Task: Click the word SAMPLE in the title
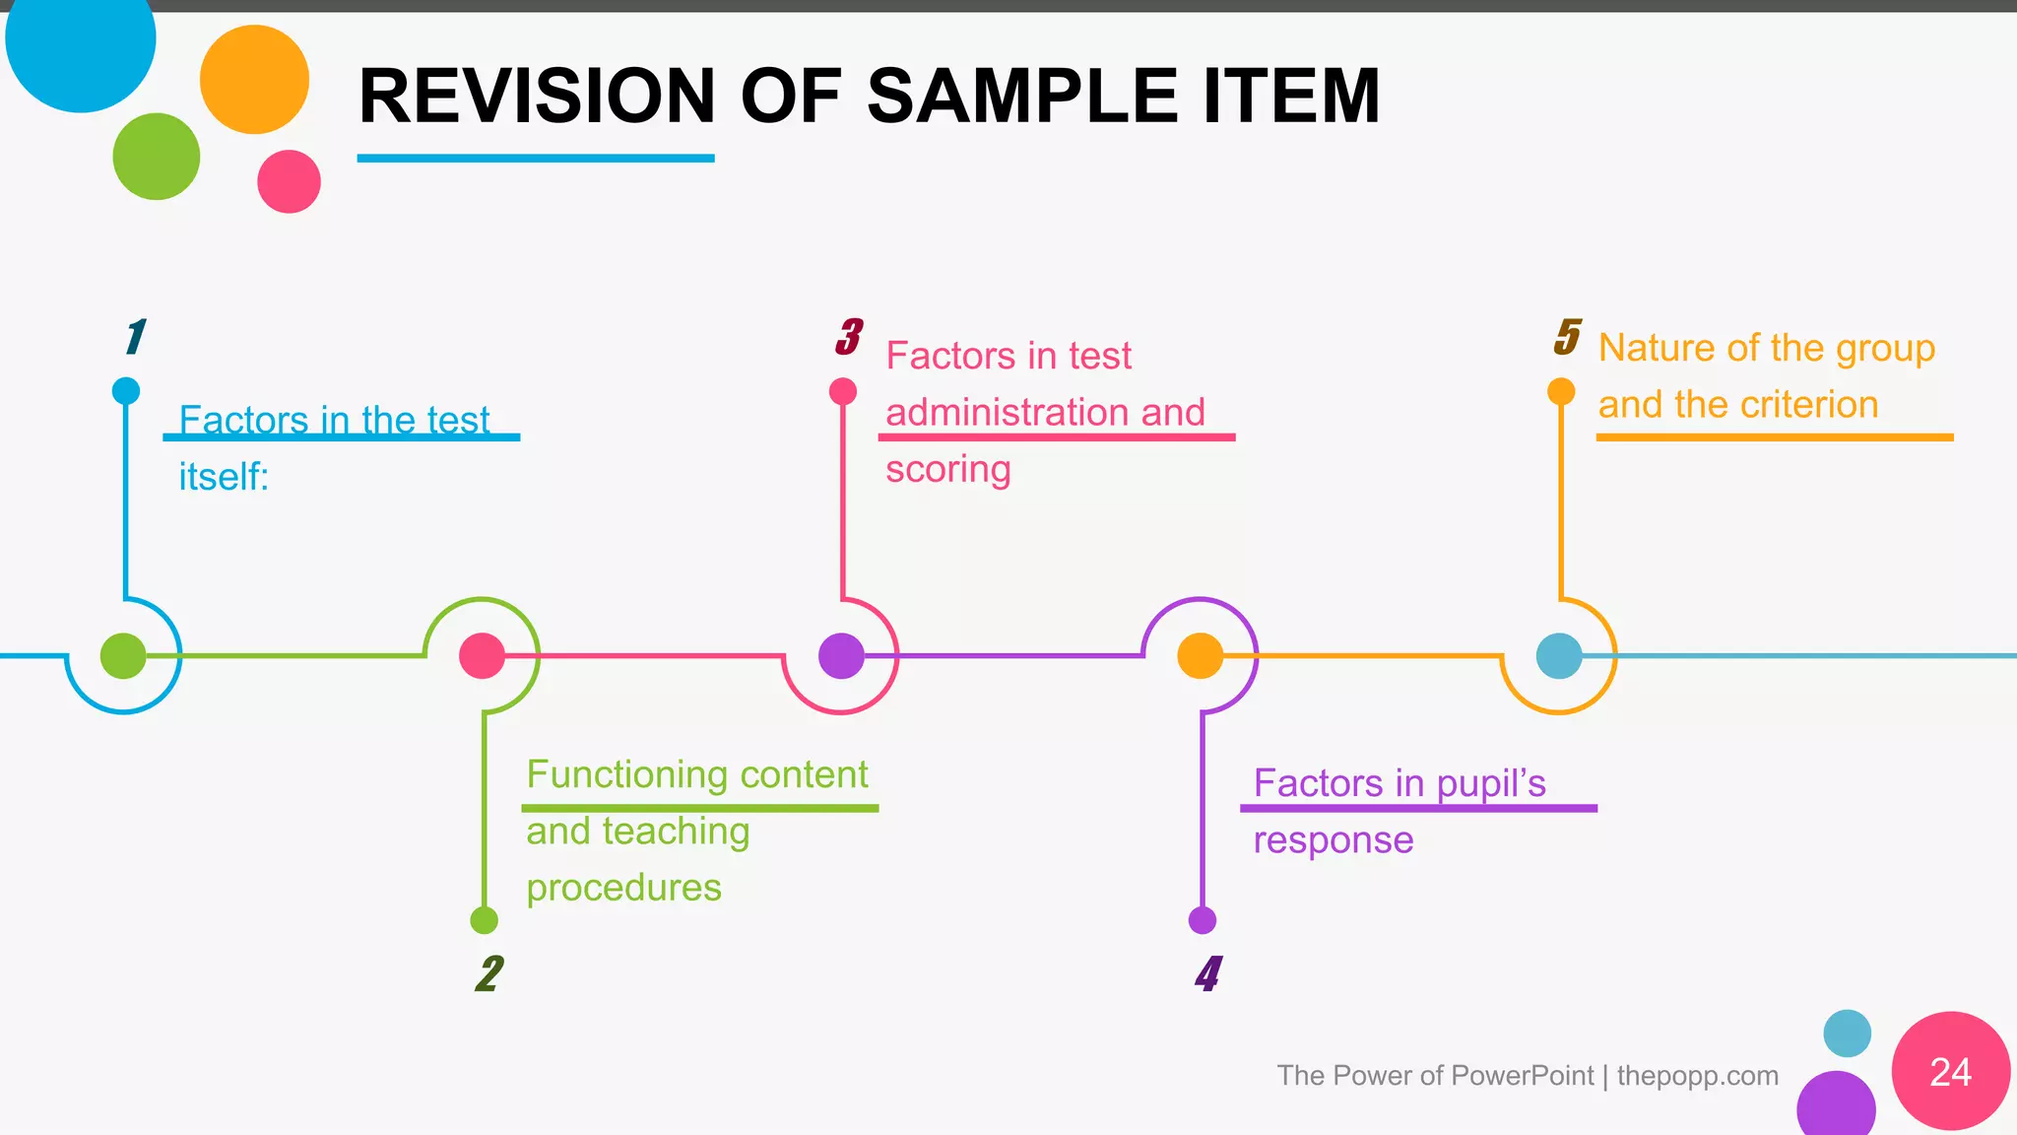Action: pos(1023,97)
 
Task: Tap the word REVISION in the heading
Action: pos(537,97)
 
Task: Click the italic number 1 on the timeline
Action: pos(135,337)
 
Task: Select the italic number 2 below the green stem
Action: pos(488,973)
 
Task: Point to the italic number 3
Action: pos(848,337)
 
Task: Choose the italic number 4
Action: pos(1207,973)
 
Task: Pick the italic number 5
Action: pos(1567,337)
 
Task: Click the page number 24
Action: pos(1950,1072)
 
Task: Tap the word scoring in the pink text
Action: pos(947,469)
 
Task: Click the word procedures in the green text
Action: pos(623,888)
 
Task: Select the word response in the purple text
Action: pos(1333,840)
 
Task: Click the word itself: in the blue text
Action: pos(224,477)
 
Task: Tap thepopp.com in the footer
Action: pos(1697,1075)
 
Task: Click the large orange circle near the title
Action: pos(254,80)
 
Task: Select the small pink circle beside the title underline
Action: pos(289,181)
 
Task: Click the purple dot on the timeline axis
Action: pos(841,655)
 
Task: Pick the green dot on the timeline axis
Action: pos(123,655)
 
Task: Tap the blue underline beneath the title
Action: pos(535,158)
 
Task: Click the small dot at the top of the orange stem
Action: pos(1561,391)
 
